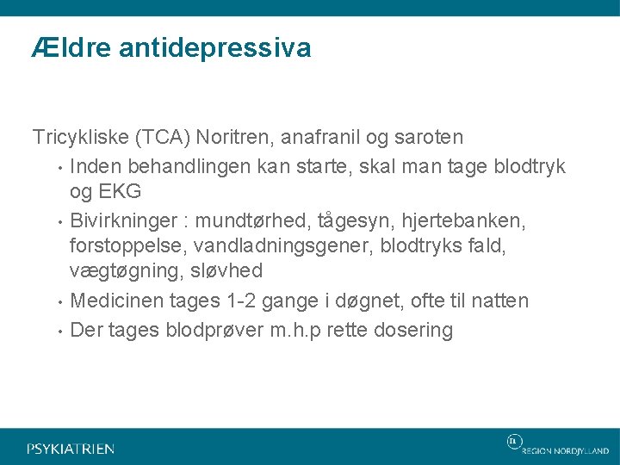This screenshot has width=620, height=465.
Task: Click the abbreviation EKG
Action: tap(121, 191)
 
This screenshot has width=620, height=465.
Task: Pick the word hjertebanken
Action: tap(481, 220)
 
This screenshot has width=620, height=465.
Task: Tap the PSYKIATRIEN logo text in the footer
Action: tap(71, 449)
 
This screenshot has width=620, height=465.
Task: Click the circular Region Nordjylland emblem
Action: tap(514, 442)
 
